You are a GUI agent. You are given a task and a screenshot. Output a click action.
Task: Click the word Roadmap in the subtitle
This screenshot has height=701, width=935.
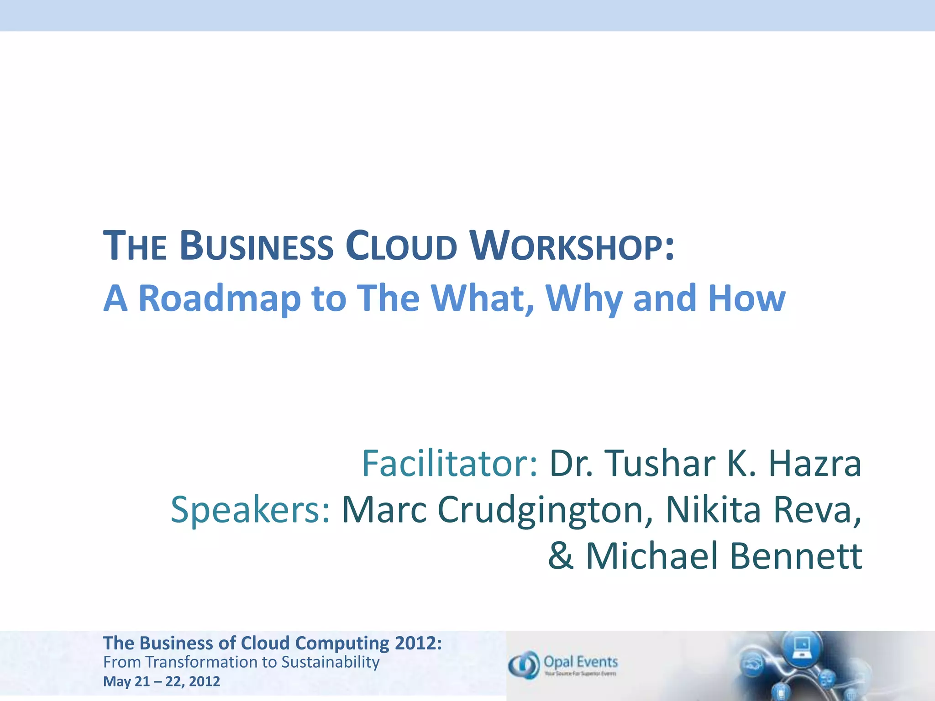(219, 299)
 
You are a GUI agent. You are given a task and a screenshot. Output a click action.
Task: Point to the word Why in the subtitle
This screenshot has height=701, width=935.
(584, 299)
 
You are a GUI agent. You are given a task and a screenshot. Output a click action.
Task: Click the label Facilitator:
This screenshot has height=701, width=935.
(450, 464)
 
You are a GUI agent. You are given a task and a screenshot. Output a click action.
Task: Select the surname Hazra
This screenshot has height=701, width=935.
(815, 464)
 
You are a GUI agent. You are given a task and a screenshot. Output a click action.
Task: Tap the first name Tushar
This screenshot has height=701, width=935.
(660, 464)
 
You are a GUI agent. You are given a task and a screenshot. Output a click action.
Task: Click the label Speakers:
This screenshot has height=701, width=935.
(251, 510)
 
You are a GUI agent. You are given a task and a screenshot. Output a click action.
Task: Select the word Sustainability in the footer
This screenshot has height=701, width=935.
(330, 662)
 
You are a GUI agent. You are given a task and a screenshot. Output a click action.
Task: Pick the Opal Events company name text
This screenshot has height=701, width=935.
(581, 662)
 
